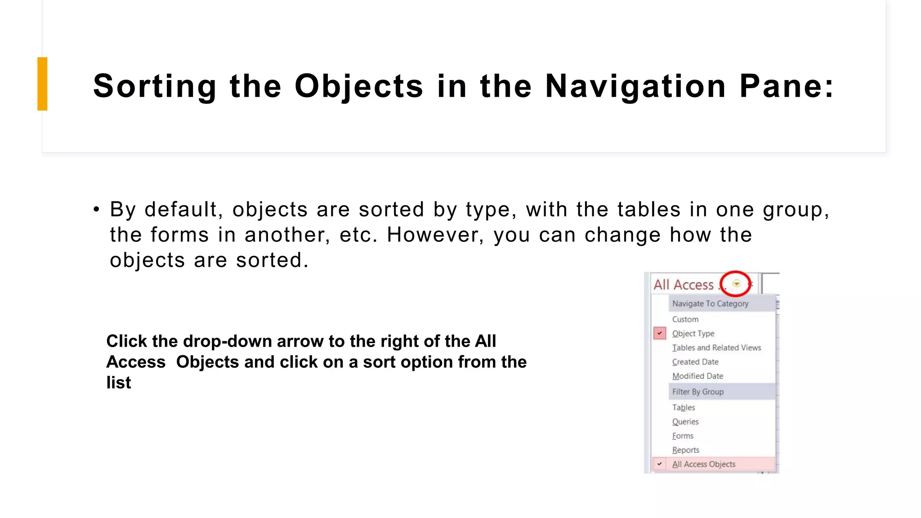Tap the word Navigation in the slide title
pyautogui.click(x=635, y=86)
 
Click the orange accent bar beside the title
pyautogui.click(x=42, y=84)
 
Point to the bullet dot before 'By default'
pyautogui.click(x=96, y=210)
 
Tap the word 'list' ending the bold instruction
pyautogui.click(x=119, y=383)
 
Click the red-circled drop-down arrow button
pyautogui.click(x=736, y=284)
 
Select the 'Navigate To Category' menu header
pyautogui.click(x=710, y=304)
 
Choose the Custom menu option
pyautogui.click(x=685, y=319)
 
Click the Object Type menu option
pyautogui.click(x=693, y=334)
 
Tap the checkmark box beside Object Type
pyautogui.click(x=660, y=333)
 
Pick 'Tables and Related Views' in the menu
pyautogui.click(x=716, y=348)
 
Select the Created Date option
pyautogui.click(x=695, y=362)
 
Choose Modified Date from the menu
pyautogui.click(x=697, y=376)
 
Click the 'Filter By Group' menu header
pyautogui.click(x=698, y=392)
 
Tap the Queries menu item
pyautogui.click(x=685, y=422)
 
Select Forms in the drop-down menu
pyautogui.click(x=683, y=436)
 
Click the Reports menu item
pyautogui.click(x=685, y=450)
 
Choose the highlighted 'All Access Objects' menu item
pyautogui.click(x=704, y=464)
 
